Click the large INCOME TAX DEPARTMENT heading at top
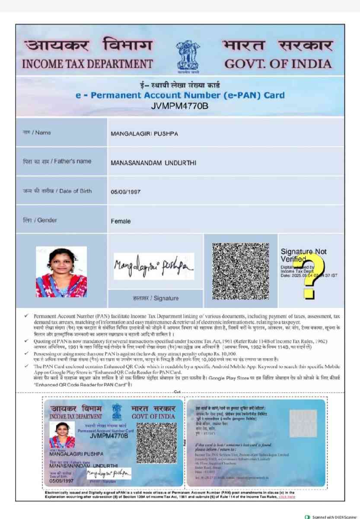tap(87, 64)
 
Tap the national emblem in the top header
tap(188, 55)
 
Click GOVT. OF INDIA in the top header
tap(278, 64)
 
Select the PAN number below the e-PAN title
tap(180, 105)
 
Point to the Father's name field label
tap(57, 161)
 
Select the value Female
tap(121, 221)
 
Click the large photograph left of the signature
tap(61, 272)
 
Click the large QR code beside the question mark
tap(241, 271)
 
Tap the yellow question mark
tap(314, 276)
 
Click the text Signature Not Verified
tap(304, 255)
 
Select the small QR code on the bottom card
tap(156, 442)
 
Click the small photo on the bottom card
tap(62, 435)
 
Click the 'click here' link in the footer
tap(287, 497)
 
